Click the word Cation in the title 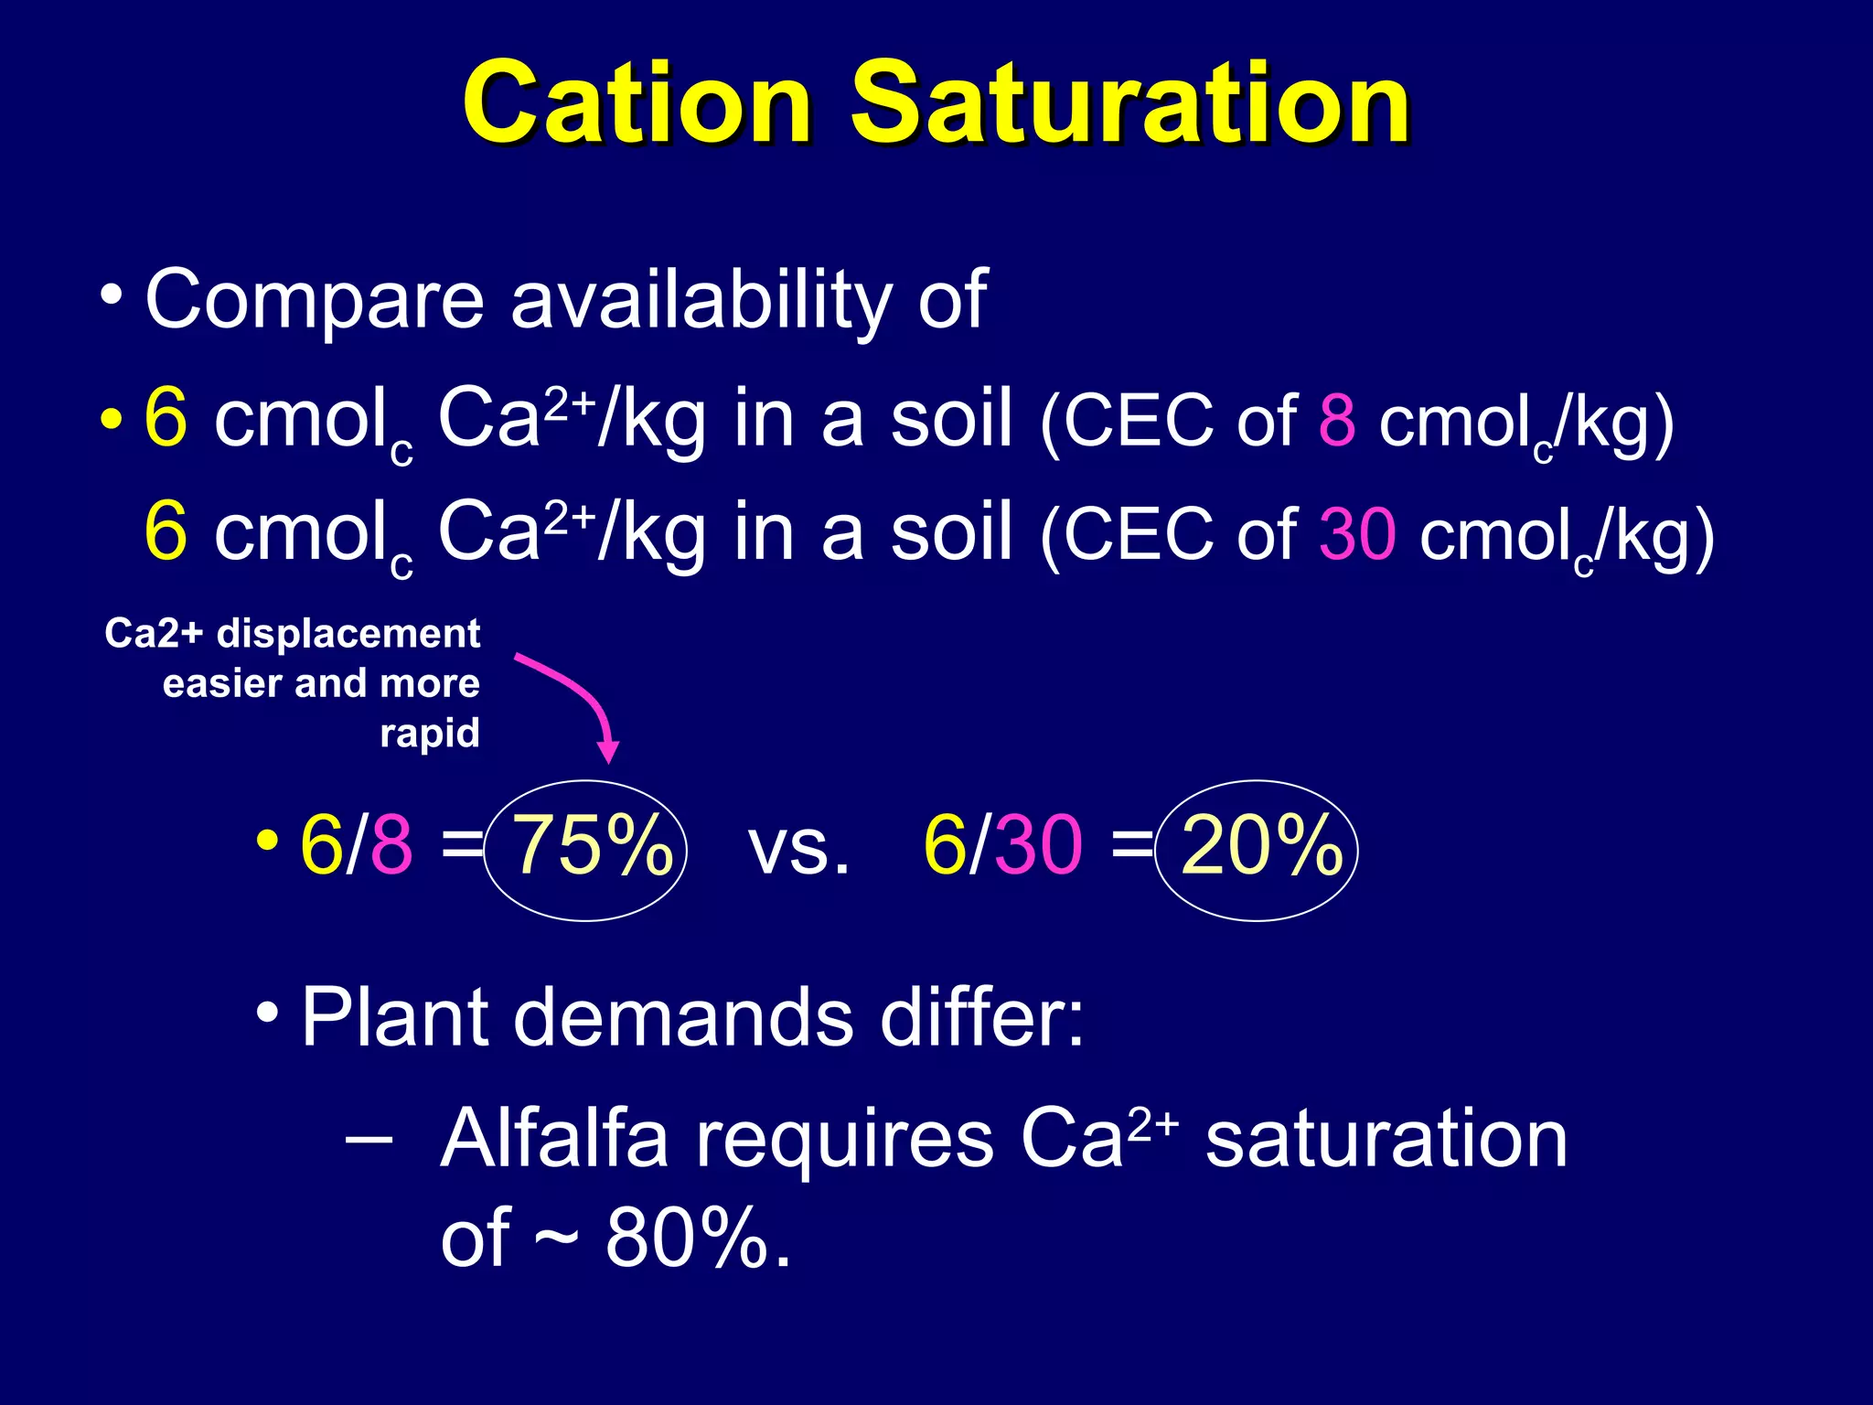pos(637,102)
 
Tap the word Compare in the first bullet pos(314,301)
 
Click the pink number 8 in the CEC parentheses pos(1337,421)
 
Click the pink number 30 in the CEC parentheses pos(1357,535)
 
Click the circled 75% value pos(591,847)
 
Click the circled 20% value pos(1261,847)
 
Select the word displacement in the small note pos(348,634)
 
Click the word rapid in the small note pos(430,733)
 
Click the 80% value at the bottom pos(686,1239)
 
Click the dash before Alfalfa pos(369,1140)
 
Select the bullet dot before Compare pos(112,295)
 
